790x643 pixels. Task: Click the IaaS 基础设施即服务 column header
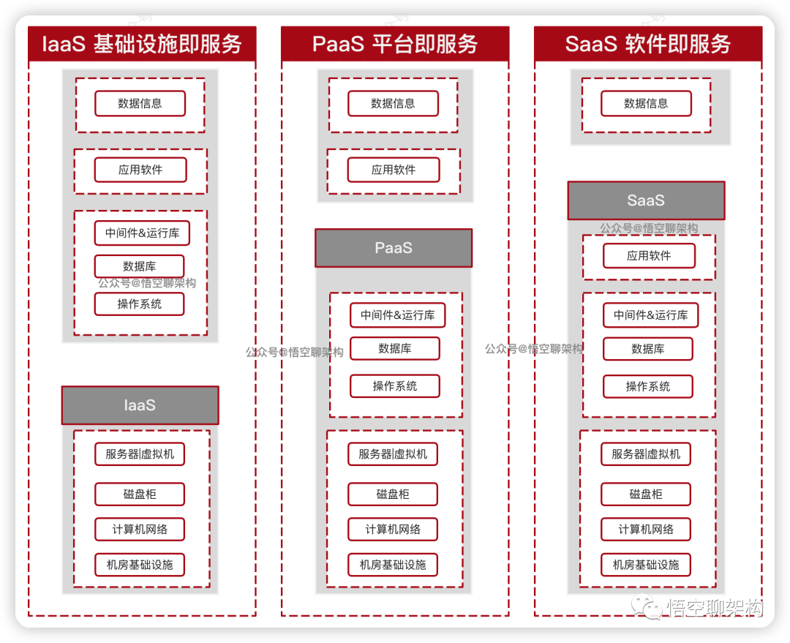142,45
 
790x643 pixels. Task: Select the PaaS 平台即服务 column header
395,45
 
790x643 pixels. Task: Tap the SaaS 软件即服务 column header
648,45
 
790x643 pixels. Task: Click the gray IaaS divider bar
140,405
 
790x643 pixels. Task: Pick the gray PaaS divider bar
394,248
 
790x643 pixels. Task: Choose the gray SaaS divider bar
646,200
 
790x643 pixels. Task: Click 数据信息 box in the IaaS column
140,104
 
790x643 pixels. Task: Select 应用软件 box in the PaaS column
394,170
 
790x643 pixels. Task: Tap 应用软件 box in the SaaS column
649,256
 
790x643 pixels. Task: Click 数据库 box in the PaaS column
395,349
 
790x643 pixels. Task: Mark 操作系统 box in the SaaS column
647,387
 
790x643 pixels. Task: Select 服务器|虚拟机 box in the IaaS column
140,454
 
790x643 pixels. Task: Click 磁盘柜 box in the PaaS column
393,495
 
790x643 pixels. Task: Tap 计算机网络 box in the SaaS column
646,530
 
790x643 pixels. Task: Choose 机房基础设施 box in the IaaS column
140,565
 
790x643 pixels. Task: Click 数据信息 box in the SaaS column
646,104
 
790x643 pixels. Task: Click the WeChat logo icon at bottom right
648,607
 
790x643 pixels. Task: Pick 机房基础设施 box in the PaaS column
393,565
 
